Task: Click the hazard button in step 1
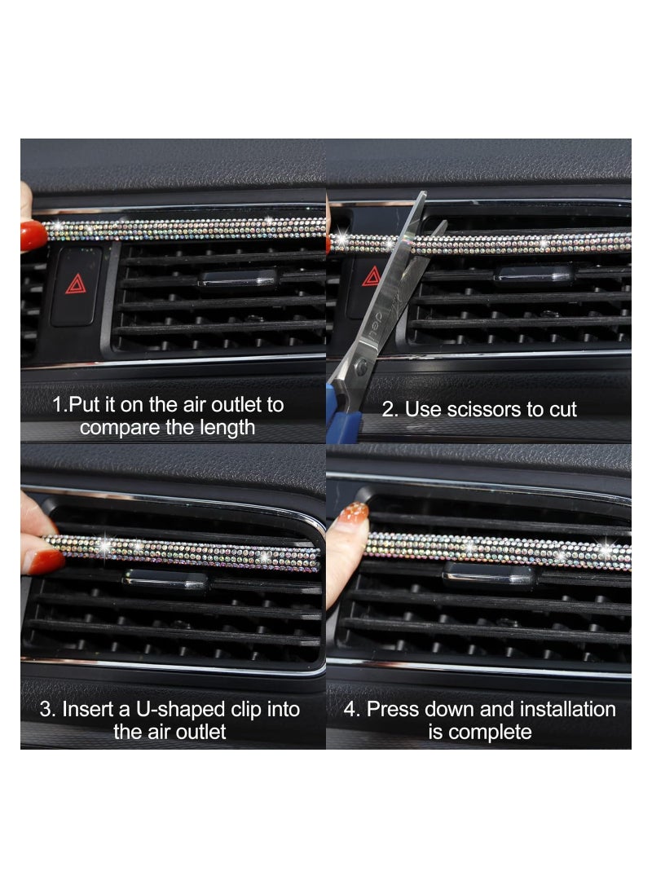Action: click(76, 285)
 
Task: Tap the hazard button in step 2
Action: click(372, 277)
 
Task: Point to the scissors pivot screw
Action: click(361, 369)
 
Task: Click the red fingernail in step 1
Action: click(33, 235)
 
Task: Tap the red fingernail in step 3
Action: click(43, 561)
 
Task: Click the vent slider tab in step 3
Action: click(166, 580)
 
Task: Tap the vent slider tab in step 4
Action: click(489, 575)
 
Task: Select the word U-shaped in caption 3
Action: click(201, 709)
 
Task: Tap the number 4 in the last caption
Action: click(351, 709)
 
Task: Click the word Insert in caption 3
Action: click(91, 709)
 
